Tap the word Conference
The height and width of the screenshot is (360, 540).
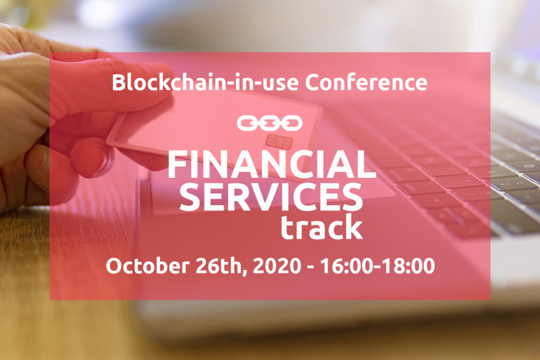point(366,83)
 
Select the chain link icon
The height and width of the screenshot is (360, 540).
point(269,123)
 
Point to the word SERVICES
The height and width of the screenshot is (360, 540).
point(271,197)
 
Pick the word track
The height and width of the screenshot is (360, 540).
point(322,227)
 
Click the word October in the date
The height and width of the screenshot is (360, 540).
point(148,266)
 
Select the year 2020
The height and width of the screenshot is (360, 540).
point(277,266)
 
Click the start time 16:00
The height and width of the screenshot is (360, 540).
point(347,266)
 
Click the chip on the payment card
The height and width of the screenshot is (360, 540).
point(279,142)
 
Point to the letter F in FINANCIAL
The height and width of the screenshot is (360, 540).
point(177,164)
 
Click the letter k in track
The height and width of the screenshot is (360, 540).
point(355,226)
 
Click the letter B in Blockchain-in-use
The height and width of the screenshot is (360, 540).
point(119,83)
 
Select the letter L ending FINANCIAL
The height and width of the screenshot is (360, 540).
point(367,164)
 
